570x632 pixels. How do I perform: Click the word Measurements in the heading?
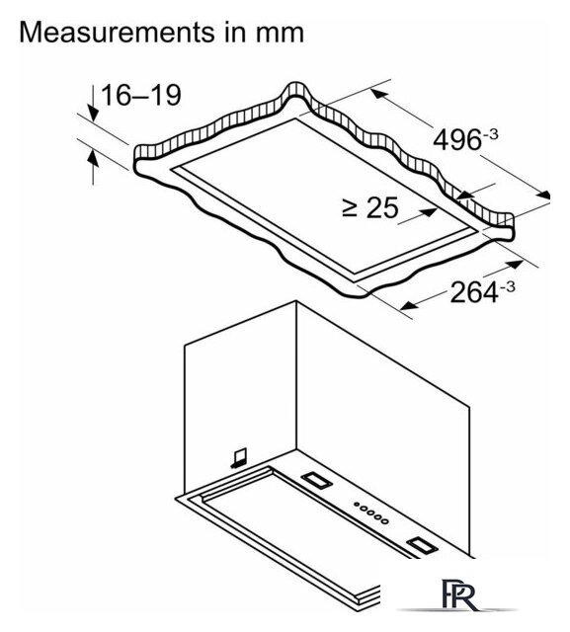[117, 33]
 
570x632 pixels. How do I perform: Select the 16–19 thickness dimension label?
[140, 96]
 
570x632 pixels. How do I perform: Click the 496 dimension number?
[456, 140]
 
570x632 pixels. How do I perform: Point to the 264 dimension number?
[474, 292]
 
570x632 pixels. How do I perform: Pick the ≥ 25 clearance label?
[369, 207]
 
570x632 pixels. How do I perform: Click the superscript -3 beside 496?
[490, 134]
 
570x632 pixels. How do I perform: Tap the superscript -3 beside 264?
[507, 287]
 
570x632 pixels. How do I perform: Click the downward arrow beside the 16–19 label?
[93, 103]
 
